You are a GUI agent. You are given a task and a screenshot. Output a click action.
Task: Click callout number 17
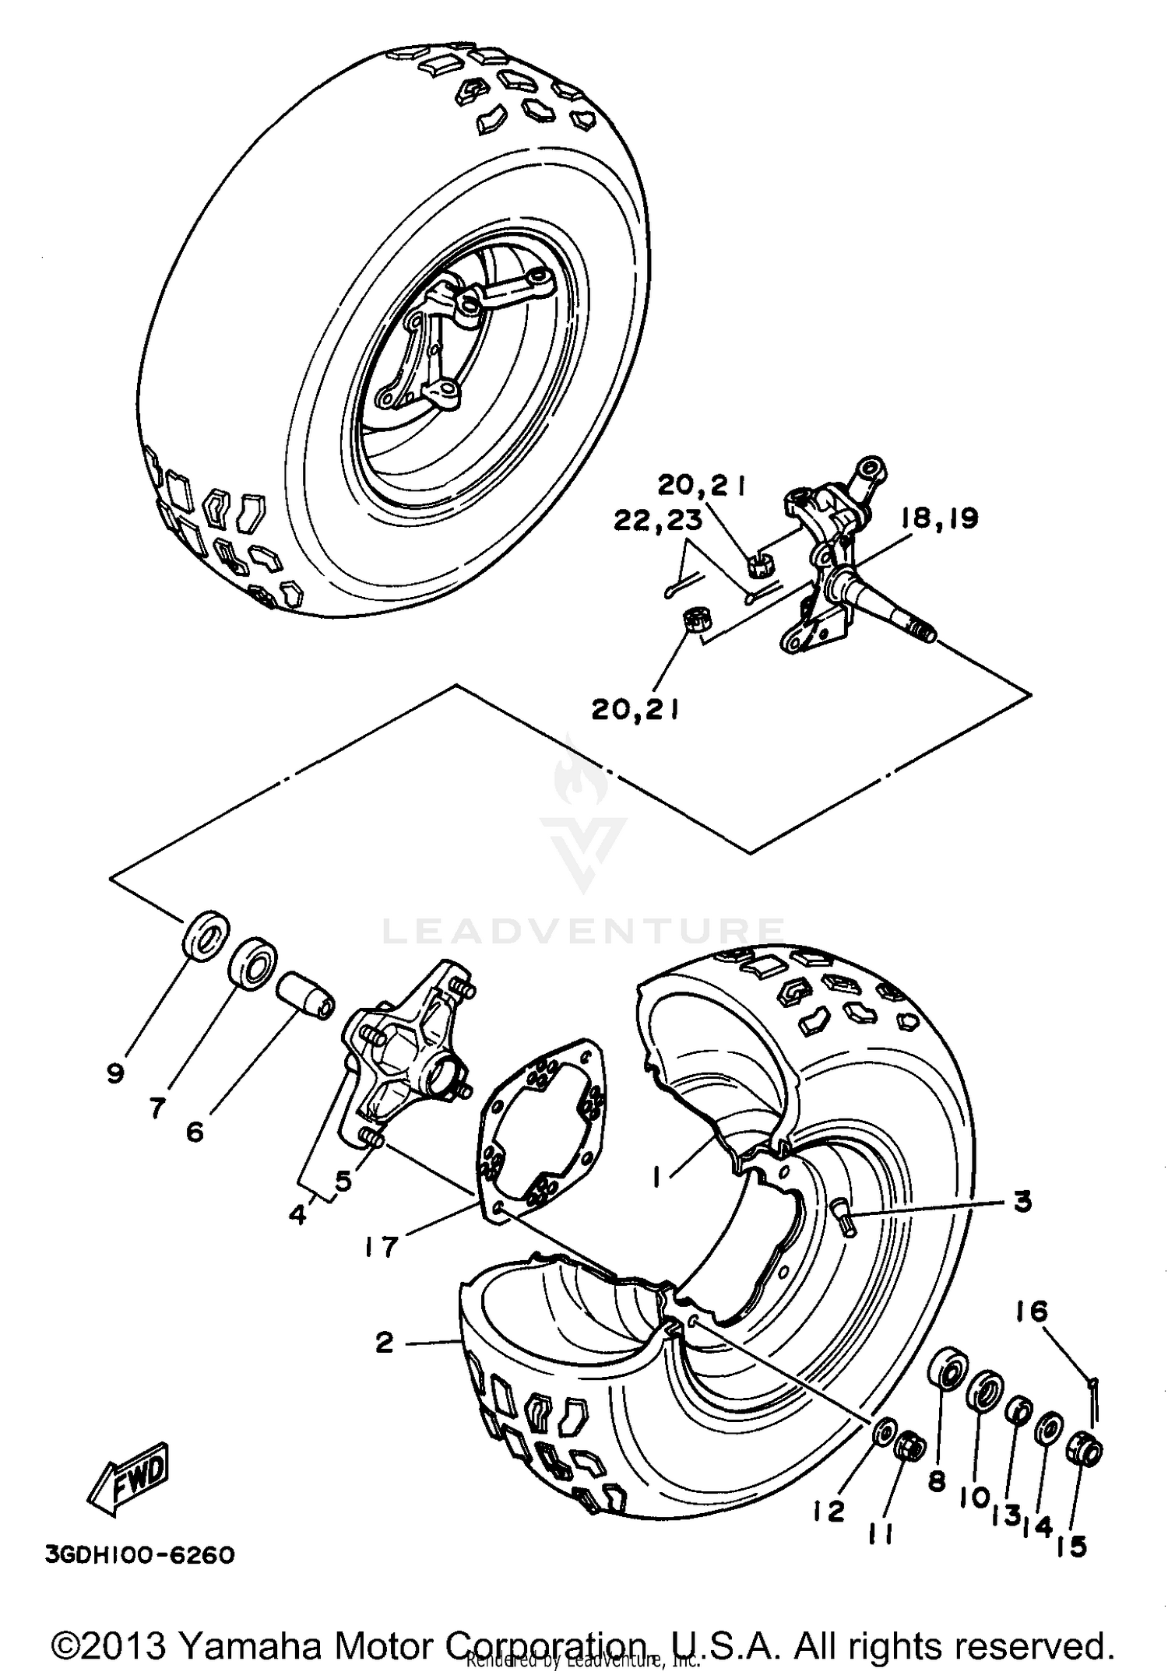tap(381, 1247)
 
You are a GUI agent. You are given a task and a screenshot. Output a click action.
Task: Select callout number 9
tap(115, 1074)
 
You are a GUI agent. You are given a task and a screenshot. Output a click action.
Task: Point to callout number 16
tap(1033, 1312)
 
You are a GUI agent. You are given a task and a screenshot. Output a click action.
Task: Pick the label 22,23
tap(658, 520)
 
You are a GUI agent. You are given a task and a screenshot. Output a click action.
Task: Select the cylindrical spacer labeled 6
tap(306, 996)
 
